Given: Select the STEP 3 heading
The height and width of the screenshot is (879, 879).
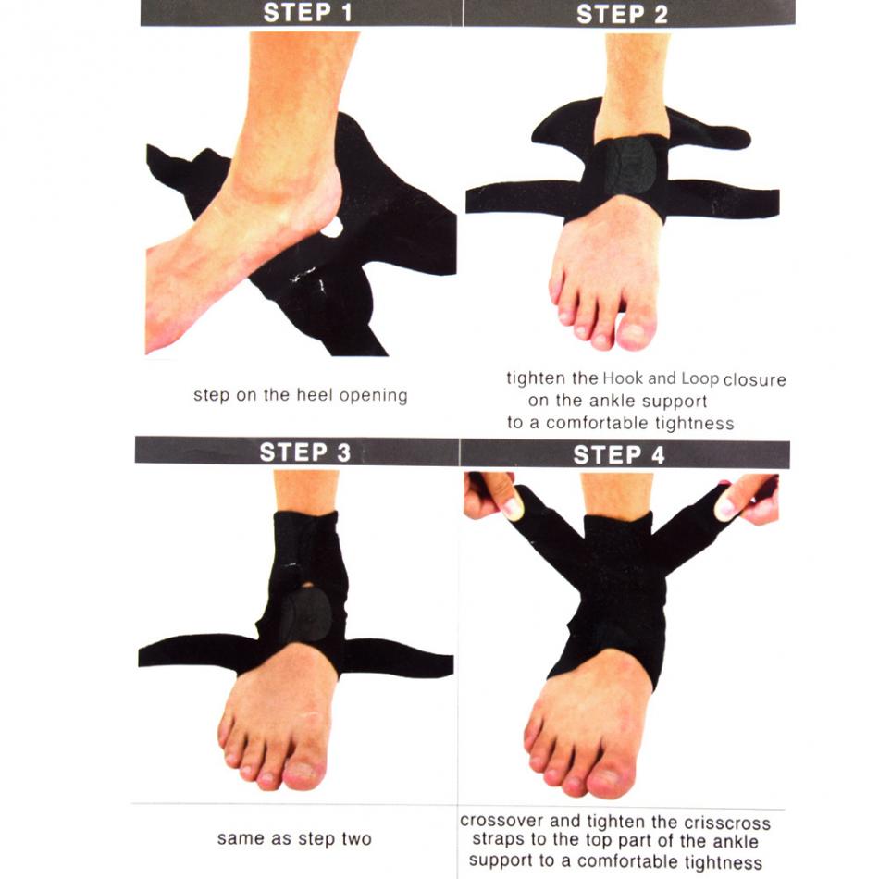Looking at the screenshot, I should (x=304, y=452).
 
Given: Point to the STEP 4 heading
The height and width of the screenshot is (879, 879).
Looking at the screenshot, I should (x=618, y=454).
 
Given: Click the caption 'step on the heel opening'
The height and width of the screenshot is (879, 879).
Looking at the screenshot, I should (x=300, y=395).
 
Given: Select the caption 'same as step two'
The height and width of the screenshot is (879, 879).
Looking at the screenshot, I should (x=294, y=839).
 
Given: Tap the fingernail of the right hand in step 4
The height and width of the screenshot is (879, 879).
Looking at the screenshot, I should (x=727, y=507).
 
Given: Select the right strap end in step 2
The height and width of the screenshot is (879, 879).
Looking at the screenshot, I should (x=759, y=199).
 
